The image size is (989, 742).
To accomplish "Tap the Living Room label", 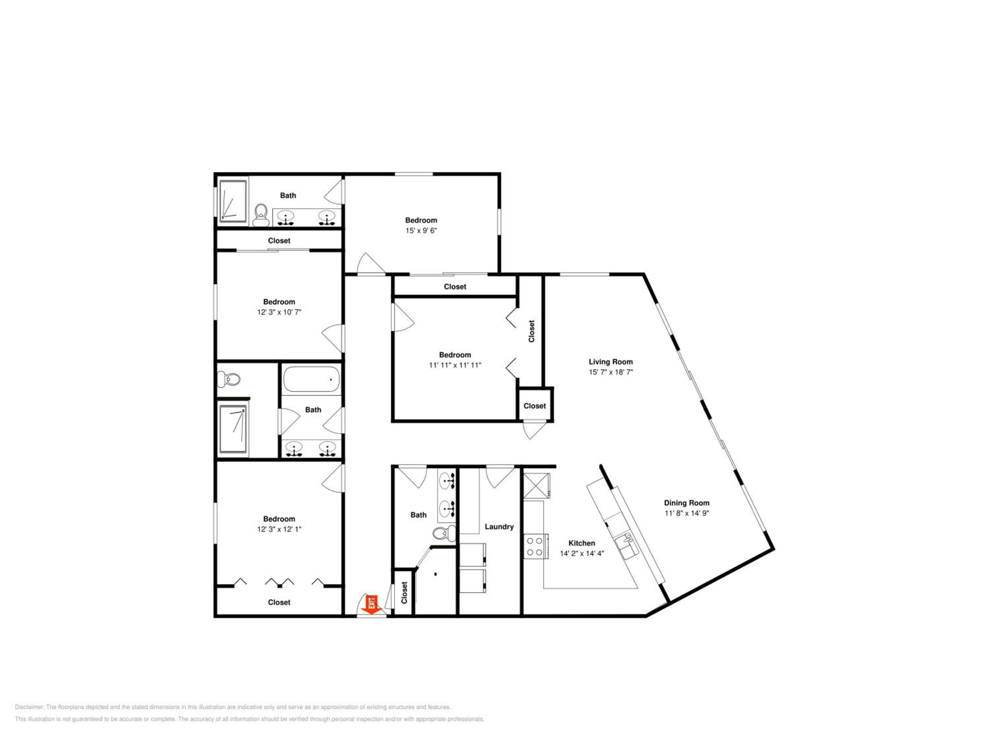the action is click(611, 362).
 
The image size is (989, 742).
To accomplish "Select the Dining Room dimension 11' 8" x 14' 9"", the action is click(687, 513).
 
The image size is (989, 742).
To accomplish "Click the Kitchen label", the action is click(582, 543).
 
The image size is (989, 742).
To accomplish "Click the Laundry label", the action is click(499, 527).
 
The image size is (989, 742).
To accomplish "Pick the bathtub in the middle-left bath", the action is click(312, 379).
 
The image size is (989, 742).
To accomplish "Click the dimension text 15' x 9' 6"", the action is click(421, 230).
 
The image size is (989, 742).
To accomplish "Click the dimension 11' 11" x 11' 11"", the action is click(455, 365).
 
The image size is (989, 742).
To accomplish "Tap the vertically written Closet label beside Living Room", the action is click(532, 331).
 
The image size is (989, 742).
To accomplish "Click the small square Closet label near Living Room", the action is click(535, 406).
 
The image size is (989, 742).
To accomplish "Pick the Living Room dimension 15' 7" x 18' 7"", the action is click(611, 372).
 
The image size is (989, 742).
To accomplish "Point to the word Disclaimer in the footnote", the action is click(30, 707).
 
